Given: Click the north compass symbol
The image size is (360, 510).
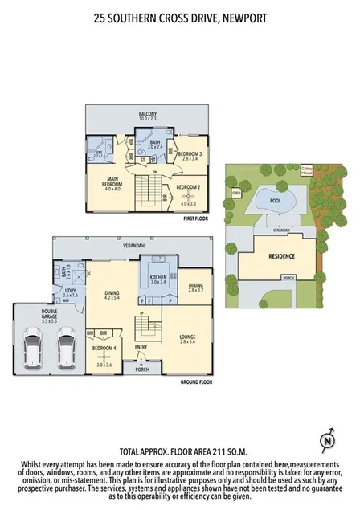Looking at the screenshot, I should [326, 440].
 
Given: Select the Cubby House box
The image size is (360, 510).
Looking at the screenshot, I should [308, 169].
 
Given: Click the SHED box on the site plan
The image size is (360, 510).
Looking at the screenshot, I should [236, 193].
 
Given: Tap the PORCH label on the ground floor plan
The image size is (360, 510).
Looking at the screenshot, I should [143, 370].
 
